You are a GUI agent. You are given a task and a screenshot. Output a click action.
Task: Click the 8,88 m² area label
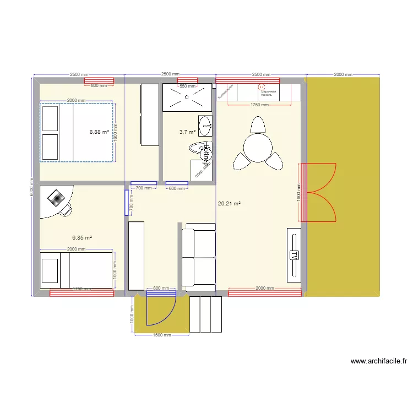(99, 132)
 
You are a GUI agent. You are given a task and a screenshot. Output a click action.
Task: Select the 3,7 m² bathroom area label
(187, 132)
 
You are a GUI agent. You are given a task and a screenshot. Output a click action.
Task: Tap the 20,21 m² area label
(230, 204)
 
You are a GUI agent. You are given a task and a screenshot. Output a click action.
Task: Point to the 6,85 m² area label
(82, 238)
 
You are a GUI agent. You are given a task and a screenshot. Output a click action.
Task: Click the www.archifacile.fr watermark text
(378, 362)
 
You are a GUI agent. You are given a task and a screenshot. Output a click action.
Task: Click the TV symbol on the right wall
(294, 255)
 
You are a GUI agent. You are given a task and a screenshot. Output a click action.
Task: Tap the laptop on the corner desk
(56, 197)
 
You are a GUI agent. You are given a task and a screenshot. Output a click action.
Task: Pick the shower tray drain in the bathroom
(187, 97)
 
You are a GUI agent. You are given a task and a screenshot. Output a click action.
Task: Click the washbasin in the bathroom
(205, 125)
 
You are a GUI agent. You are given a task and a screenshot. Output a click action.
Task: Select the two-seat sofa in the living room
(199, 258)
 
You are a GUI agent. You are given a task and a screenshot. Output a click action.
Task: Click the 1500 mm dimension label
(161, 335)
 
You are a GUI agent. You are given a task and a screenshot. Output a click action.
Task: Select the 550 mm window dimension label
(188, 86)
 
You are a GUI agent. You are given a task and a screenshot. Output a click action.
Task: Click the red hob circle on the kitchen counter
(262, 86)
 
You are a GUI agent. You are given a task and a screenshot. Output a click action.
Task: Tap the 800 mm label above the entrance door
(161, 289)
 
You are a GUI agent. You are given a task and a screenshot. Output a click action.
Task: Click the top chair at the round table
(257, 125)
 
